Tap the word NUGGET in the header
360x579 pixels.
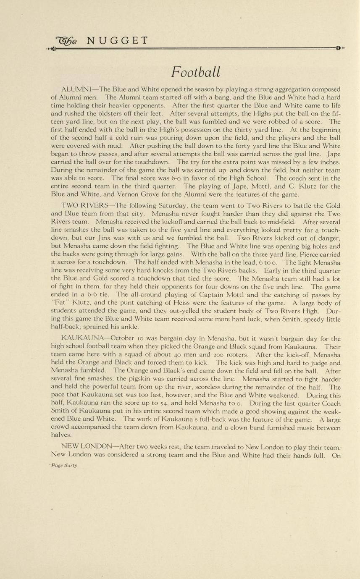point(117,41)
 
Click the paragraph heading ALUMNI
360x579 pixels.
point(77,89)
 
